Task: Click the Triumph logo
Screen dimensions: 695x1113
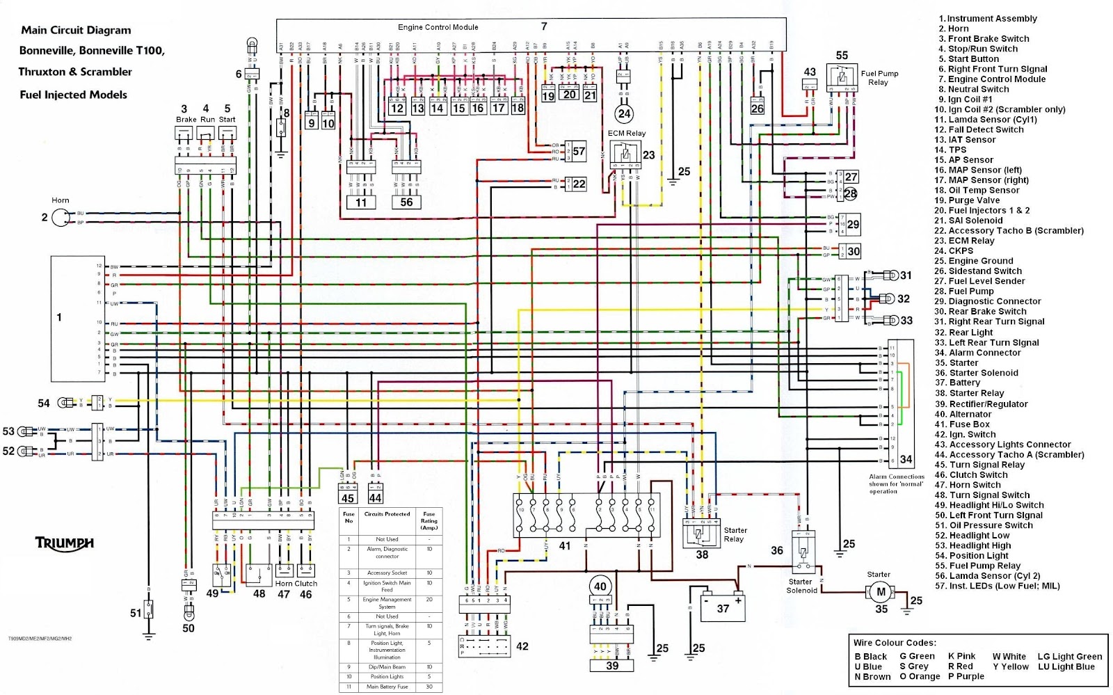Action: click(64, 543)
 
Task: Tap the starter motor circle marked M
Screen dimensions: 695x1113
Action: click(881, 591)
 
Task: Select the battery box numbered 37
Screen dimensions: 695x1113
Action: click(718, 604)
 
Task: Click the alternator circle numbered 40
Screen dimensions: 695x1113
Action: click(600, 586)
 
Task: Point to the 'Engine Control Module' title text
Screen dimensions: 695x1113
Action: click(438, 27)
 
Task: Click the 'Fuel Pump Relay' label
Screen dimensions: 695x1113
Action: click(879, 77)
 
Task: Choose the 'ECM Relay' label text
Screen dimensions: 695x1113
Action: click(626, 133)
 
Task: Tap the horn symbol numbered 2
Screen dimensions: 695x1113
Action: click(61, 218)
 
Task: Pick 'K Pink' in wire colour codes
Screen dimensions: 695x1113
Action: click(962, 656)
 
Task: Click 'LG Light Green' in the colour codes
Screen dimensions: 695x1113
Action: click(1070, 656)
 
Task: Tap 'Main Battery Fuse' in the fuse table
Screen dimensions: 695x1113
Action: click(387, 687)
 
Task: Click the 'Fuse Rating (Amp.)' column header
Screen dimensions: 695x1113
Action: click(429, 521)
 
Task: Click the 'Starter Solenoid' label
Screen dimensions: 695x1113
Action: click(801, 586)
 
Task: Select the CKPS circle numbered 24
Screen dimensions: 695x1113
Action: click(624, 113)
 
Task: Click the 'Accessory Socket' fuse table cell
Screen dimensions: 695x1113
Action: click(387, 573)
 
